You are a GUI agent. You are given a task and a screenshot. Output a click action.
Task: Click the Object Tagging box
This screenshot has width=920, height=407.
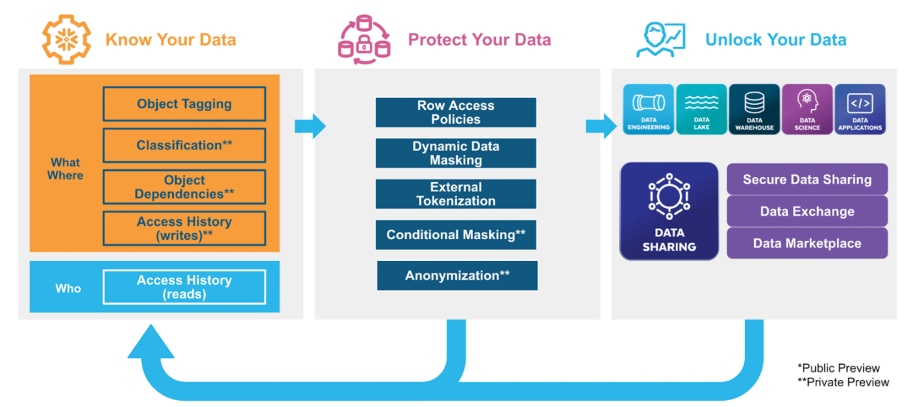coord(184,104)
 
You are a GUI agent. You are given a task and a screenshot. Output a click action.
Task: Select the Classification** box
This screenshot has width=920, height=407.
coord(184,145)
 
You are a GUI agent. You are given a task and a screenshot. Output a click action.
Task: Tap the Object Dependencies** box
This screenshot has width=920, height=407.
coord(184,187)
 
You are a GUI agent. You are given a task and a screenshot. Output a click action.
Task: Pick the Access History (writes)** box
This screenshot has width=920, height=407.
coord(184,228)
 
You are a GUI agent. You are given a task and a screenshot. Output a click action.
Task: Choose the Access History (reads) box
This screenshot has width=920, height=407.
coord(184,287)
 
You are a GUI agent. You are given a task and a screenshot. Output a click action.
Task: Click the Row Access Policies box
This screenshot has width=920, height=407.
coord(456,112)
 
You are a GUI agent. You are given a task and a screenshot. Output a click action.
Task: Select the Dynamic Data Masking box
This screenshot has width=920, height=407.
coord(456,153)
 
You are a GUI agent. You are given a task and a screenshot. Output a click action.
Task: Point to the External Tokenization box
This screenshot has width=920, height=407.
coord(456,194)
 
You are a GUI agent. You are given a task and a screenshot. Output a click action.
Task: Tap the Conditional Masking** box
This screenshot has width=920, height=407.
coord(456,235)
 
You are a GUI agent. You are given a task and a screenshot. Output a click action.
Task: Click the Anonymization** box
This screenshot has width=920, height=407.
coord(457,275)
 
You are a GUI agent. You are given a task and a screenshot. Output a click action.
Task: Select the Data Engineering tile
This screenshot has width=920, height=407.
coord(649,109)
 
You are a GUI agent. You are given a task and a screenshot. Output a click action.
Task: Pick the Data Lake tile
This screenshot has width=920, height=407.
coord(701,109)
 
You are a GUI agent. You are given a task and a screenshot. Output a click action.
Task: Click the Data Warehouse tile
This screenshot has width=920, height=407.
coord(754,109)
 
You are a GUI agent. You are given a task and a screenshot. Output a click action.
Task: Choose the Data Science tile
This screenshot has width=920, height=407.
coord(807,109)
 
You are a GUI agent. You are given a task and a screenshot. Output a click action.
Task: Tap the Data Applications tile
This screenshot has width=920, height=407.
coord(860,109)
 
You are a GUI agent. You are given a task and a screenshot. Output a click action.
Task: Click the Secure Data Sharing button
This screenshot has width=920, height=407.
coord(807,179)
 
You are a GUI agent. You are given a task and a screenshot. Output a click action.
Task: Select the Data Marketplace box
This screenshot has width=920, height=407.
coord(807,243)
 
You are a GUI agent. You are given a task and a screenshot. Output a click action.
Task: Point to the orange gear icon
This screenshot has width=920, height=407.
coord(66,40)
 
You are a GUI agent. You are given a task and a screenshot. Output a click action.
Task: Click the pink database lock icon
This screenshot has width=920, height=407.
coord(364,40)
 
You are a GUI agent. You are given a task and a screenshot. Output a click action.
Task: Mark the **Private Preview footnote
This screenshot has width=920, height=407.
coord(843,382)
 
